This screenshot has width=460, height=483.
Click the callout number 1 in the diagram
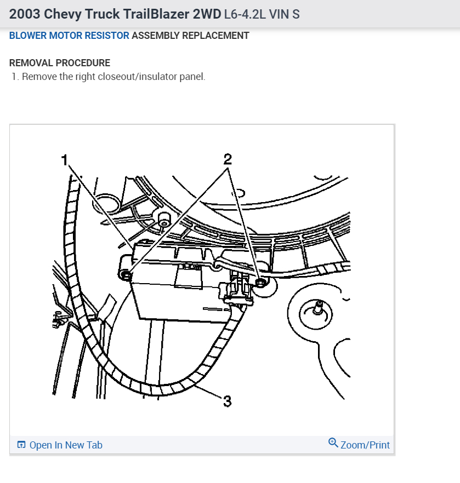click(x=65, y=160)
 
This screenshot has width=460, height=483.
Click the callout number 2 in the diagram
click(x=228, y=159)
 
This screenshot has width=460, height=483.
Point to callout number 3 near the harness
click(x=228, y=401)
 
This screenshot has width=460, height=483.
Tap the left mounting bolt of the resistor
click(x=126, y=275)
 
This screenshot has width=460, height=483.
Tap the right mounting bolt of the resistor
click(x=261, y=282)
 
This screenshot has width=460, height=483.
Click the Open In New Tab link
click(x=66, y=445)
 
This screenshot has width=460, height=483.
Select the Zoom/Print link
click(x=365, y=445)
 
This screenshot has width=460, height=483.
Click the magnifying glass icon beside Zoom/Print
click(x=333, y=442)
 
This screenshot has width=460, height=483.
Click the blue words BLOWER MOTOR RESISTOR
click(x=69, y=36)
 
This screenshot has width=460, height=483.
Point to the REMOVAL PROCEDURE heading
click(x=60, y=63)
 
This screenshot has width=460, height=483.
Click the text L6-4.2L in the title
click(x=245, y=14)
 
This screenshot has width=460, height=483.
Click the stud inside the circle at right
click(x=317, y=308)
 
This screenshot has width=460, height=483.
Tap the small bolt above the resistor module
click(x=164, y=219)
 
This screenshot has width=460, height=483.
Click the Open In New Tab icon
click(x=21, y=445)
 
